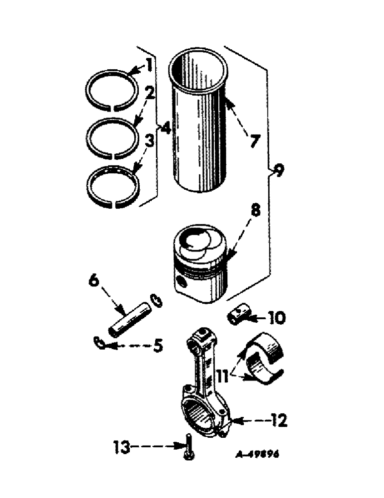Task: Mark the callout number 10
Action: (276, 317)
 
